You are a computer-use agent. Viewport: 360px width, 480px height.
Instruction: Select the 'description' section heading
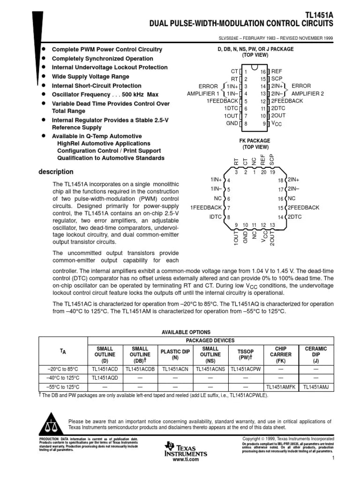click(x=55, y=172)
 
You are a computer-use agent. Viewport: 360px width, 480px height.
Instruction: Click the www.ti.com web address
click(x=186, y=459)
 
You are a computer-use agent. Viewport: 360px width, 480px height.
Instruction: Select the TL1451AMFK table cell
click(x=280, y=387)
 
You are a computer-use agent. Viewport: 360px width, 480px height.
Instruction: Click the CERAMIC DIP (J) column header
click(x=315, y=355)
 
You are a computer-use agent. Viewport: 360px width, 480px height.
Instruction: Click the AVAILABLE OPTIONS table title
click(x=186, y=332)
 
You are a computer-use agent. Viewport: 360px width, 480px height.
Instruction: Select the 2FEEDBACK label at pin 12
click(x=287, y=101)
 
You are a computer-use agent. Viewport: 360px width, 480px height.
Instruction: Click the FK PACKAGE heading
click(x=255, y=141)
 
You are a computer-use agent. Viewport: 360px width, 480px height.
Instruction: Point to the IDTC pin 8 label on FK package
click(x=216, y=217)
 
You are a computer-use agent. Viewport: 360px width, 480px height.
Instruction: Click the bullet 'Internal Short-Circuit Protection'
click(x=96, y=86)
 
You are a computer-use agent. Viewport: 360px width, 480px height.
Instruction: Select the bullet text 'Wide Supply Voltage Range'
click(x=90, y=76)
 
